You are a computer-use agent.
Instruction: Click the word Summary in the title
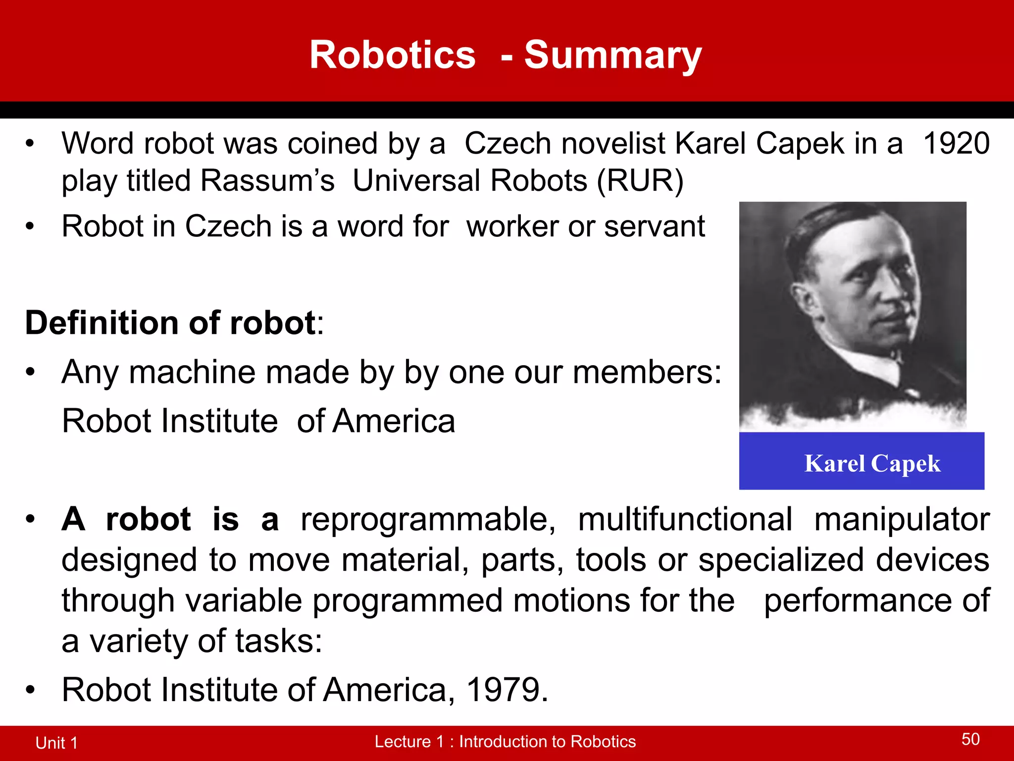[612, 55]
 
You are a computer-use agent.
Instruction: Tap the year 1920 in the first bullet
[956, 144]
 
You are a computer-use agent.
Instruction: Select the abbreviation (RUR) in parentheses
[640, 180]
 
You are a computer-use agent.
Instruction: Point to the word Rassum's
[267, 180]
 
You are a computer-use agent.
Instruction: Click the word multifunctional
[685, 520]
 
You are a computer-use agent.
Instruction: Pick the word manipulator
[902, 520]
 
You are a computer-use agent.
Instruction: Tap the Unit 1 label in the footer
[56, 743]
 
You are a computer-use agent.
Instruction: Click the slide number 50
[970, 739]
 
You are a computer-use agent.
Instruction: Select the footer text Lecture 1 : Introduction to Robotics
[505, 742]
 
